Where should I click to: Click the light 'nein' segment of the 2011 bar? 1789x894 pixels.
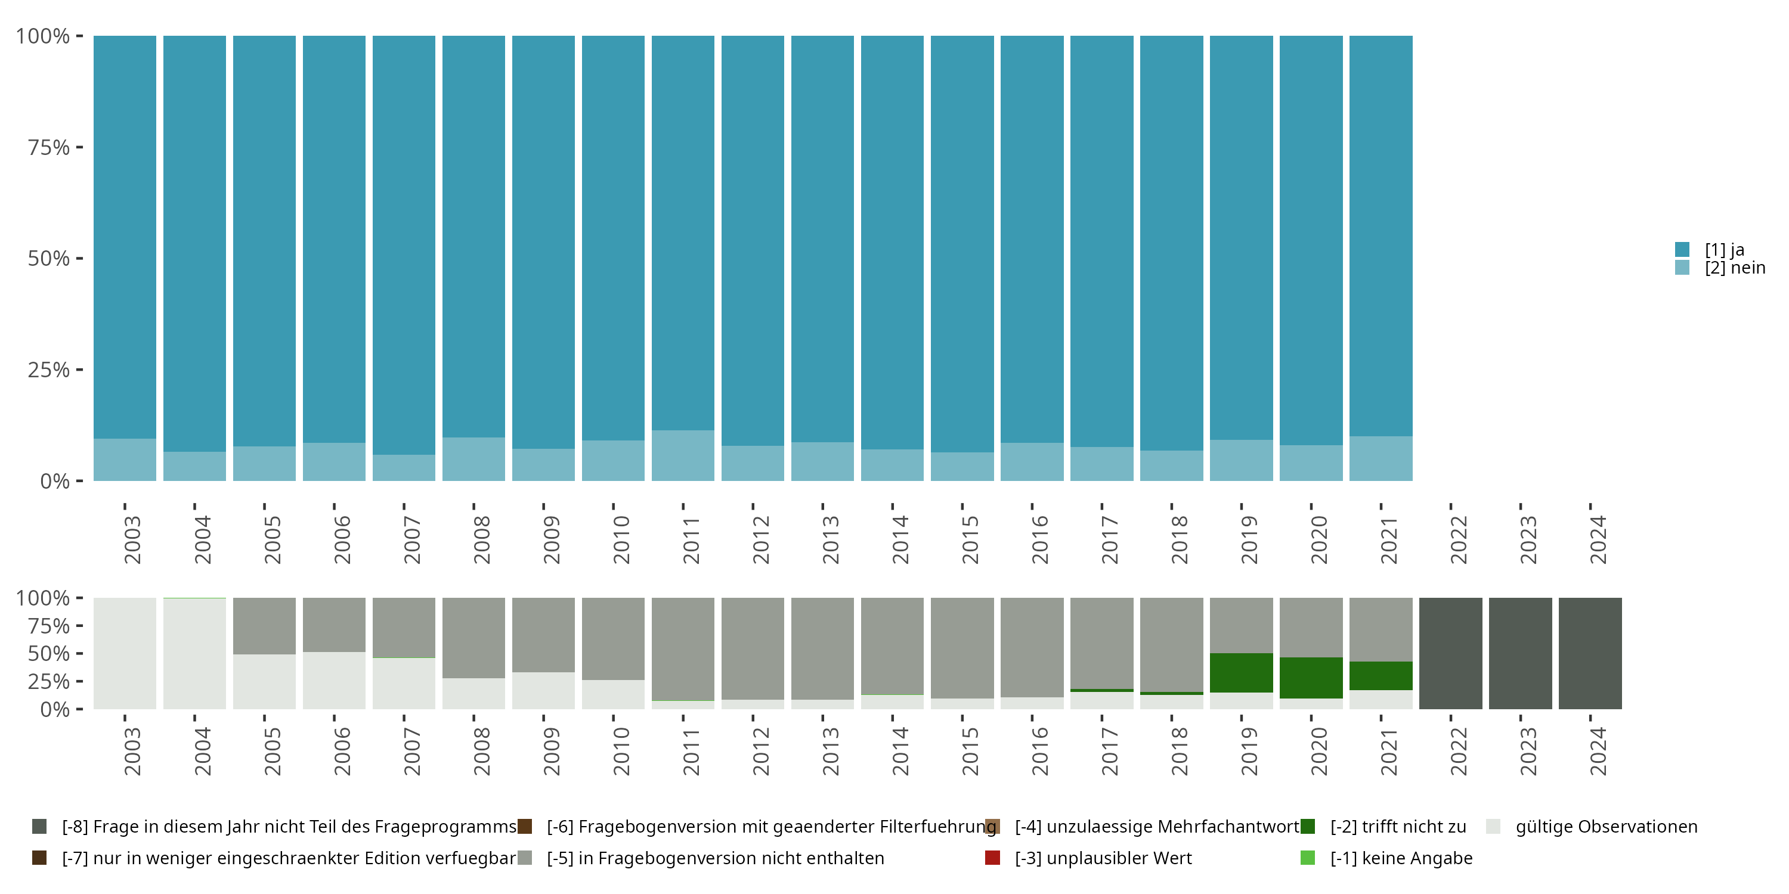click(x=683, y=455)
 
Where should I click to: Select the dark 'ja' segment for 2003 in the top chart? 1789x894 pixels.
click(x=125, y=236)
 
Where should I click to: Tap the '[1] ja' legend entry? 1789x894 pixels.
click(x=1724, y=250)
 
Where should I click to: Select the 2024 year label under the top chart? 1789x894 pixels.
click(x=1598, y=539)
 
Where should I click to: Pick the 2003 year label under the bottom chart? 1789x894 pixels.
click(x=132, y=751)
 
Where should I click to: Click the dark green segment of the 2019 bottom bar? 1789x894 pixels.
click(x=1241, y=672)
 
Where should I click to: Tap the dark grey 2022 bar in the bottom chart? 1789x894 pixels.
click(x=1451, y=653)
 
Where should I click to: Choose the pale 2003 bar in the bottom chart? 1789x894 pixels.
click(x=125, y=653)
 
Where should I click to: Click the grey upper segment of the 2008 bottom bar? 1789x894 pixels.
click(x=473, y=637)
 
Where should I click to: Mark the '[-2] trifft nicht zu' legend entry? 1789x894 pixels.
click(x=1397, y=827)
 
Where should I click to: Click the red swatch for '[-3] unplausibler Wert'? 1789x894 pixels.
click(x=992, y=858)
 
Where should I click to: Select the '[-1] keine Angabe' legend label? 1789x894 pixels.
click(x=1401, y=858)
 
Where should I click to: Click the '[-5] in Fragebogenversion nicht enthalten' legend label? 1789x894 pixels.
click(x=714, y=858)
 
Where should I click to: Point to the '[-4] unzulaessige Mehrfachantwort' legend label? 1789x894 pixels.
click(x=1156, y=827)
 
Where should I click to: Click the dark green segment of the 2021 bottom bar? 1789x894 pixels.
click(x=1381, y=675)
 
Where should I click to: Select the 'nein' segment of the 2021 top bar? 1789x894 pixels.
click(x=1381, y=458)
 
